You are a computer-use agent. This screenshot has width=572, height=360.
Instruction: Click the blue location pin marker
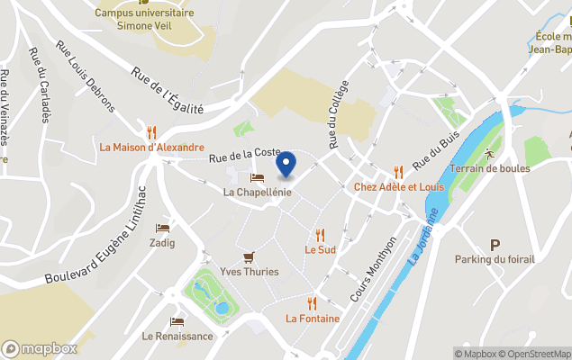click(286, 165)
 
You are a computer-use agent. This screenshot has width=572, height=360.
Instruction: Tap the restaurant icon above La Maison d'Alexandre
click(152, 131)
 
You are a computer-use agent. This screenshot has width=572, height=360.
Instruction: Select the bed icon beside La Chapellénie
click(257, 177)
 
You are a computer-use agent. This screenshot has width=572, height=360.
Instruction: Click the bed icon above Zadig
click(162, 229)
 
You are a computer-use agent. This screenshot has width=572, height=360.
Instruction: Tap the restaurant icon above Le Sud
click(320, 235)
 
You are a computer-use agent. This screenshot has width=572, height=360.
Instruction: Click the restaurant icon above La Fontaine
click(313, 303)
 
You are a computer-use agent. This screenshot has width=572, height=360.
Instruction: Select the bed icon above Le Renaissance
click(177, 321)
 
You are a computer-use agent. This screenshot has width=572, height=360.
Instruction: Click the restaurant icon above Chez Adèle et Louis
click(398, 172)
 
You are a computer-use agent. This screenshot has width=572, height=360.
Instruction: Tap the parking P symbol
click(495, 245)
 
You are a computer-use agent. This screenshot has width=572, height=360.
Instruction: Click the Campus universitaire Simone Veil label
click(144, 20)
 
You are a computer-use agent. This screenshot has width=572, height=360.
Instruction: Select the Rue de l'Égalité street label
click(168, 91)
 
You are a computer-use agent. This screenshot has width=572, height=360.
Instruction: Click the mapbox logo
click(41, 348)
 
